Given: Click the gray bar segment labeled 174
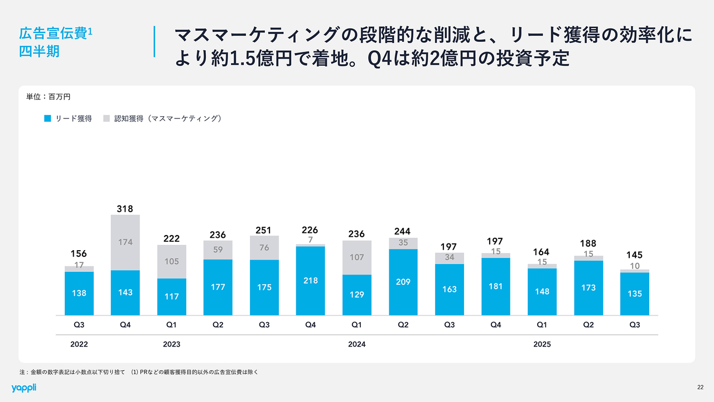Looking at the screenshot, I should [125, 242].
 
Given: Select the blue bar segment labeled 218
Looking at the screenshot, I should [310, 280].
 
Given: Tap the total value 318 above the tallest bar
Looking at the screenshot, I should [125, 209].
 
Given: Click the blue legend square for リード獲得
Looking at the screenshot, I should [48, 118].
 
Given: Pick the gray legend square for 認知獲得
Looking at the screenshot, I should [107, 118].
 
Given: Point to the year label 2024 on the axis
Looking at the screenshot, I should [356, 344].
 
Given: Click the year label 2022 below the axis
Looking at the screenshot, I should [79, 344].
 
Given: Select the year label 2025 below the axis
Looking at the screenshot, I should [542, 344].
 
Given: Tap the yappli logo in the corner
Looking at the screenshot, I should [23, 387].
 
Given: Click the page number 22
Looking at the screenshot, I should [700, 387].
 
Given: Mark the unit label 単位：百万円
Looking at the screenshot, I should [49, 97].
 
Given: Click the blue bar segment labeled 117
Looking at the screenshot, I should [172, 296].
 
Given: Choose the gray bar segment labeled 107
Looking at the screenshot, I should [356, 257].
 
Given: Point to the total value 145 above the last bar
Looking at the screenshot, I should [634, 255].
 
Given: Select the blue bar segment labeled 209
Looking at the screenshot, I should [403, 282].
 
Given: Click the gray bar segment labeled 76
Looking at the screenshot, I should [264, 248].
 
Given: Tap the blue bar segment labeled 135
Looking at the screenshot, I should [634, 294].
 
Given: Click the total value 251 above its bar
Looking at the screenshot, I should [264, 230].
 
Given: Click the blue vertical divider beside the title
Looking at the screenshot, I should [154, 41].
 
